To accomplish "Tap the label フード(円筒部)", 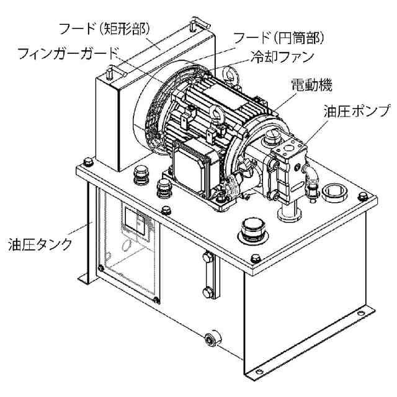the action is [279, 38].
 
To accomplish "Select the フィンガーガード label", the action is [68, 53].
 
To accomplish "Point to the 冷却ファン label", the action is [282, 58].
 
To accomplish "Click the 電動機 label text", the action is [311, 85].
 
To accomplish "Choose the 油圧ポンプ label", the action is [356, 110].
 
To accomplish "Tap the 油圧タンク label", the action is [40, 244].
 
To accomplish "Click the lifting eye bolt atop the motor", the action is [230, 74].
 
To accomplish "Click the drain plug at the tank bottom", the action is [211, 339].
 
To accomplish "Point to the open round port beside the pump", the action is [334, 192].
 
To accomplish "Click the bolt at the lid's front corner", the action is [256, 258].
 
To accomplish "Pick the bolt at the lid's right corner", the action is [363, 196].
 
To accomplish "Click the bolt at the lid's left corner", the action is [88, 161].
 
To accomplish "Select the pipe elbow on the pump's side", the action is [311, 175].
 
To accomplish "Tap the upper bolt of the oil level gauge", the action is [208, 257].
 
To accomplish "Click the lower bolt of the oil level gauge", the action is [208, 292].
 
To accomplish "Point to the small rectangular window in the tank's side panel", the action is [135, 221].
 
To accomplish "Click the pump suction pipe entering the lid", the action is [288, 210].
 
